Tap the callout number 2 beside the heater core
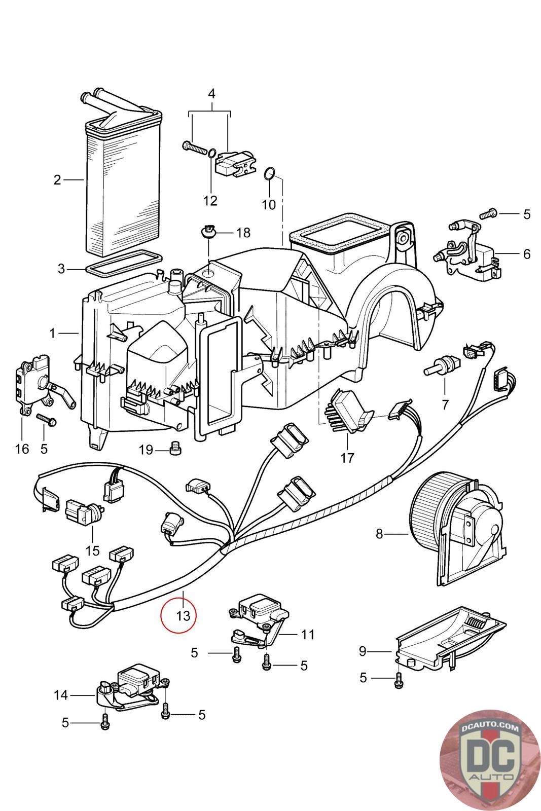click(x=57, y=180)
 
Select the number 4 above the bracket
click(x=211, y=94)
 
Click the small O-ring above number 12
click(x=212, y=153)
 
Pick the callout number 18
click(x=243, y=233)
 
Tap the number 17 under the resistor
click(x=346, y=458)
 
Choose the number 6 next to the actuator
click(x=527, y=254)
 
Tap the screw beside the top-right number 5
click(x=488, y=214)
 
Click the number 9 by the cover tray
click(x=363, y=651)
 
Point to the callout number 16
click(x=22, y=449)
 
